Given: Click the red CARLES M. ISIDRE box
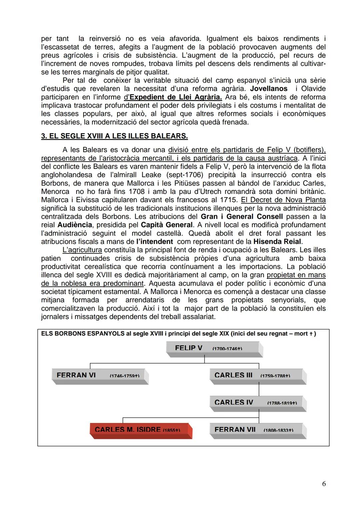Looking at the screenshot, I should click(x=141, y=430).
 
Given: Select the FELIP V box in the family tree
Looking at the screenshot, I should click(x=214, y=349).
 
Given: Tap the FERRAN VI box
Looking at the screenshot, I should click(x=100, y=376).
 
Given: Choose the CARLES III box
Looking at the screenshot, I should click(x=258, y=376).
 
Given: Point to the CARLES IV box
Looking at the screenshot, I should click(x=258, y=403).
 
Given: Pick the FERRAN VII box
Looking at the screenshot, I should click(x=258, y=430).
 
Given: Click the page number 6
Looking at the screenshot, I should click(x=324, y=484).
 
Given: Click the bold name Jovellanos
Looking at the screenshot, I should click(x=269, y=89).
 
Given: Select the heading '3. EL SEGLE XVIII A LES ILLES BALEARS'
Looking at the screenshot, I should click(x=114, y=136).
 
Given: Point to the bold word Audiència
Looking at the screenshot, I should click(x=75, y=225).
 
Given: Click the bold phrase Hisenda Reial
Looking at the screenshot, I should click(x=277, y=242).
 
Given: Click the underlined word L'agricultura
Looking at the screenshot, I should click(x=82, y=250).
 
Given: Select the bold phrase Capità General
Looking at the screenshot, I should click(x=167, y=225).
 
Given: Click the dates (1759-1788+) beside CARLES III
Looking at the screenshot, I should click(x=275, y=376).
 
